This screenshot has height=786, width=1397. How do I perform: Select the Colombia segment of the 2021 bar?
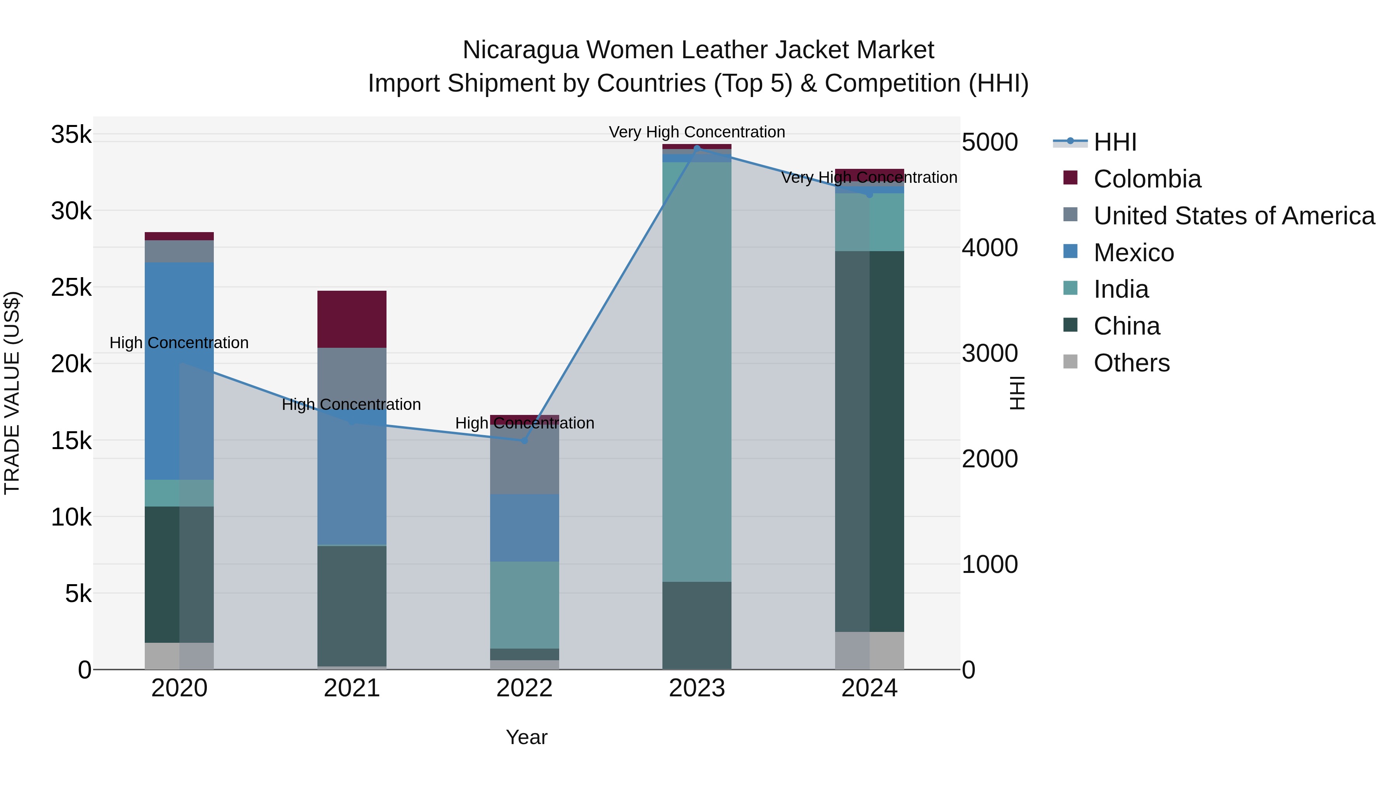pyautogui.click(x=352, y=319)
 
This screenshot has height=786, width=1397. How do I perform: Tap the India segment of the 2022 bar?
pyautogui.click(x=524, y=605)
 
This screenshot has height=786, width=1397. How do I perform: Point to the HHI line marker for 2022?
pyautogui.click(x=524, y=441)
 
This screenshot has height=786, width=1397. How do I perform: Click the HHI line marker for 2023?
pyautogui.click(x=697, y=148)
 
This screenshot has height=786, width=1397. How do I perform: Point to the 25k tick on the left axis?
pyautogui.click(x=71, y=288)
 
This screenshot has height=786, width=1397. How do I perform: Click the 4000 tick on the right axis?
pyautogui.click(x=990, y=248)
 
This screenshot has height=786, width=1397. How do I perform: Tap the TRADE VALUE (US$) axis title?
pyautogui.click(x=12, y=393)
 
